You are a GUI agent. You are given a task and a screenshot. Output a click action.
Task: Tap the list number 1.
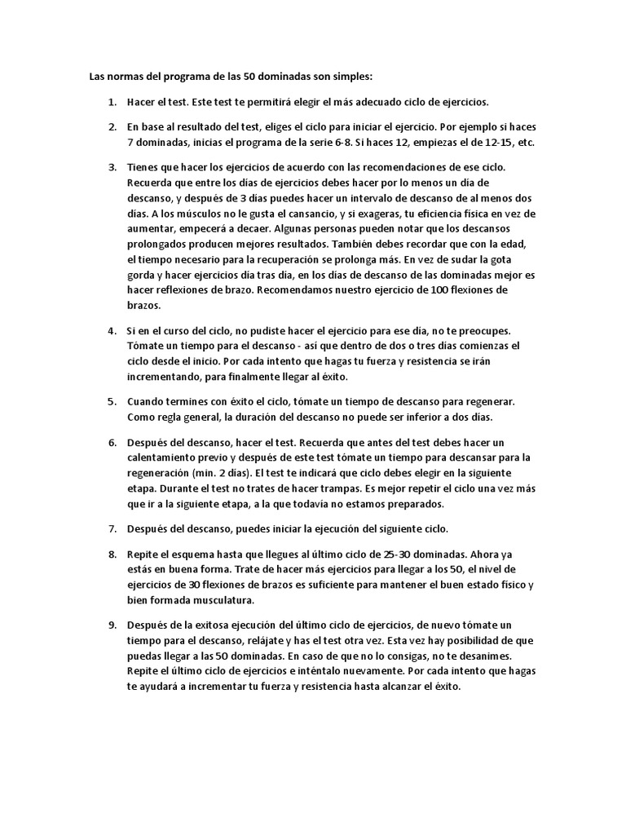tap(111, 103)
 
